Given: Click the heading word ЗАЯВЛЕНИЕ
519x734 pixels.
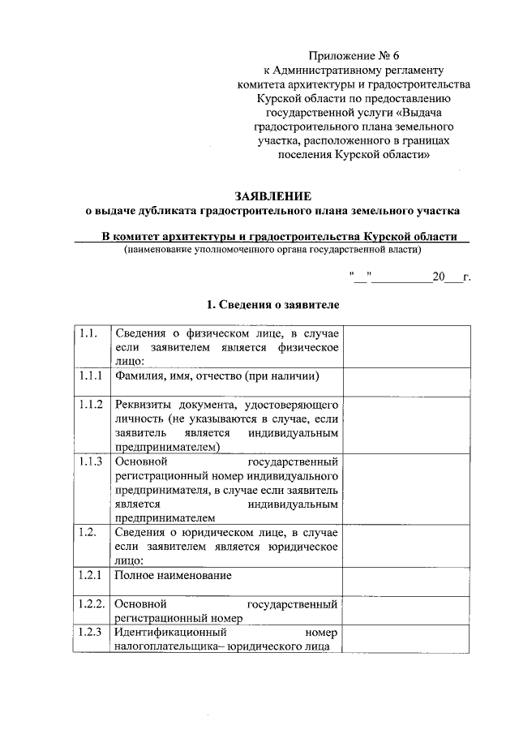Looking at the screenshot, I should coord(272,196).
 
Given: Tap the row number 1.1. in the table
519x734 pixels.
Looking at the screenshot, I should coord(88,333).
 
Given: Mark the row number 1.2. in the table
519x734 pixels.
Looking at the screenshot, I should coord(88,532).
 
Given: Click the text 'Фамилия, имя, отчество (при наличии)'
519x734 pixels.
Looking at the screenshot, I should coord(216,376).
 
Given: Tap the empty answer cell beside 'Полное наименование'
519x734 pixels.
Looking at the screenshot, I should coord(406,581).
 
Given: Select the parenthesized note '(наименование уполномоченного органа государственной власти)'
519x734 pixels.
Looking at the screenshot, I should coord(272,250).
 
